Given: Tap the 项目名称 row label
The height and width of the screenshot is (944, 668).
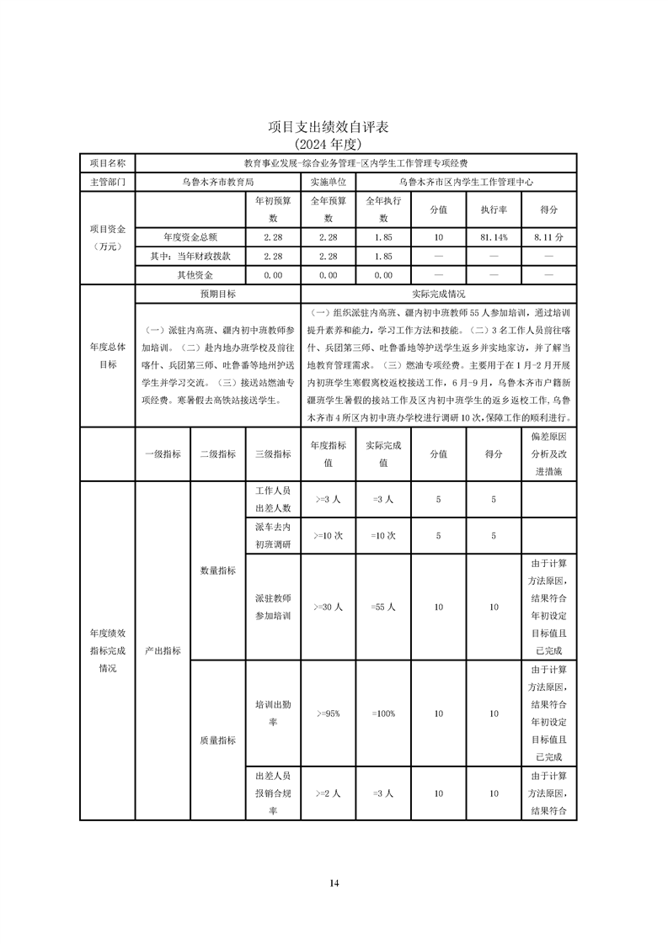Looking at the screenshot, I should [x=107, y=162].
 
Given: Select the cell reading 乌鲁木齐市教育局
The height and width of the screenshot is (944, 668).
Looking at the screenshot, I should [x=217, y=181].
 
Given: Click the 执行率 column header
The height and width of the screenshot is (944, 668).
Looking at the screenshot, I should [x=494, y=209].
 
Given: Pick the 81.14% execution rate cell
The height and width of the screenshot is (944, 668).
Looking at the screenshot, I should [x=494, y=238].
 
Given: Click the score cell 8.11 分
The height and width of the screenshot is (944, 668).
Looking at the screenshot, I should [x=548, y=238].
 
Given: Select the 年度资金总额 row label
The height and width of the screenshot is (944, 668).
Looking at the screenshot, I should [x=190, y=238].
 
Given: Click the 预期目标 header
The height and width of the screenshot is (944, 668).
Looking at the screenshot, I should [x=217, y=294].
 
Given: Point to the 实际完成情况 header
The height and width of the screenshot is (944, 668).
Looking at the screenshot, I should [x=438, y=294].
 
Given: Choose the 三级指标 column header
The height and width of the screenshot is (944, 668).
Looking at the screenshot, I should [x=273, y=453].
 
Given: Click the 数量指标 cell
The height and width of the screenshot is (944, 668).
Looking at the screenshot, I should [x=217, y=570].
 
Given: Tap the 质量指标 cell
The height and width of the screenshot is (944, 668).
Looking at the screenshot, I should [x=217, y=740].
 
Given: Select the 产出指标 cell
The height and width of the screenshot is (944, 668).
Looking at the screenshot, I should [x=163, y=650].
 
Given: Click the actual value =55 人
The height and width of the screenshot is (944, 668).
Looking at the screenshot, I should [x=383, y=607].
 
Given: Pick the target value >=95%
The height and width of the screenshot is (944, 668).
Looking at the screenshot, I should [x=328, y=713].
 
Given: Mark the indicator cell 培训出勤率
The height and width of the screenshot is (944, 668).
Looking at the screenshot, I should [x=273, y=713].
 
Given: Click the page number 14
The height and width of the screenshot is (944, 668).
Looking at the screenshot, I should [x=334, y=883].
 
